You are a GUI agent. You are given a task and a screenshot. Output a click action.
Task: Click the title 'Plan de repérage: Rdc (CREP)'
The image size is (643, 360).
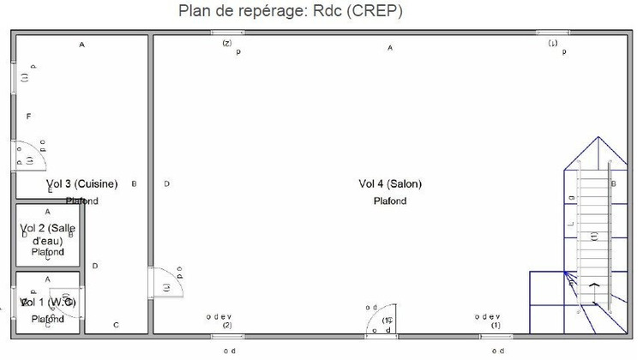tap(291, 12)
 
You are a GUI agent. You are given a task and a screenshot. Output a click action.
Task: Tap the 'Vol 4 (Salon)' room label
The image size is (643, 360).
tap(390, 183)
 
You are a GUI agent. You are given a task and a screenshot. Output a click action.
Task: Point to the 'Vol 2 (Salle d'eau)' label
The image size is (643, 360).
tap(48, 233)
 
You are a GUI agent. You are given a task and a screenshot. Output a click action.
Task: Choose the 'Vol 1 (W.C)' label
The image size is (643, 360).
tap(48, 303)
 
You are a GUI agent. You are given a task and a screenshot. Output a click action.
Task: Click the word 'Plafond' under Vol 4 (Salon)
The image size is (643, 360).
tap(390, 201)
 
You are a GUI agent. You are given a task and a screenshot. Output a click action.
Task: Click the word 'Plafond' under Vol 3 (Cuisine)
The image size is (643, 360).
tap(82, 201)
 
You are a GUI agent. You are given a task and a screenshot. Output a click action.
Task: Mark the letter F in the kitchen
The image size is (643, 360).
tap(28, 116)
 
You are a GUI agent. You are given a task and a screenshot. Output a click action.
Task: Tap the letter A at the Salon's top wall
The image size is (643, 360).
tap(390, 48)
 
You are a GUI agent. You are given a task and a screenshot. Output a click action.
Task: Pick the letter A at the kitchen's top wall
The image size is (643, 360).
tap(82, 44)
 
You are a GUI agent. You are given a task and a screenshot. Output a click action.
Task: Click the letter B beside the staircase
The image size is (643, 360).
tap(613, 183)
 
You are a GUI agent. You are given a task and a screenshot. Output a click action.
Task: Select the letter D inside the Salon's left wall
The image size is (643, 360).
tap(166, 183)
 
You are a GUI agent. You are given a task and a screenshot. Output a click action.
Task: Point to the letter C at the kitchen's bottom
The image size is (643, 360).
tap(116, 325)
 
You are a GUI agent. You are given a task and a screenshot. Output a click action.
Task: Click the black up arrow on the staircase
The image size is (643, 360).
tap(592, 286)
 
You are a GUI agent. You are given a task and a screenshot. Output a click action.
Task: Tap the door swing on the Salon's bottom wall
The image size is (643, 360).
tap(382, 320)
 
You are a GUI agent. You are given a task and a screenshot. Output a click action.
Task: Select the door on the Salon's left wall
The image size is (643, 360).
tap(167, 282)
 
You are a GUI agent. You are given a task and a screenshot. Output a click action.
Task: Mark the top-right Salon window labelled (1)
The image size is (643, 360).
tap(553, 33)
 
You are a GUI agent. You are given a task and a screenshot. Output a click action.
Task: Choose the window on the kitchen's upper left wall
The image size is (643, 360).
tap(14, 78)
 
